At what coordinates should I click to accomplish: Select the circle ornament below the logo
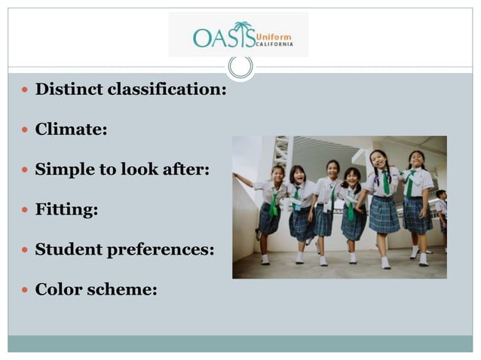coord(240,66)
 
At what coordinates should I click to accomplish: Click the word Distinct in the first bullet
coord(69,90)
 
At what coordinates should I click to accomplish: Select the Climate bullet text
coord(71,130)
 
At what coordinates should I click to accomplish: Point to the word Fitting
coord(66,209)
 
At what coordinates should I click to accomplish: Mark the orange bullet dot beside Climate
coord(26,130)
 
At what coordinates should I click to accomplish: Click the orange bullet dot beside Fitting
coord(26,210)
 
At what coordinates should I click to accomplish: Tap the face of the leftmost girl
coord(278,174)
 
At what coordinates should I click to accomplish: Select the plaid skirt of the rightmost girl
coord(416,215)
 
